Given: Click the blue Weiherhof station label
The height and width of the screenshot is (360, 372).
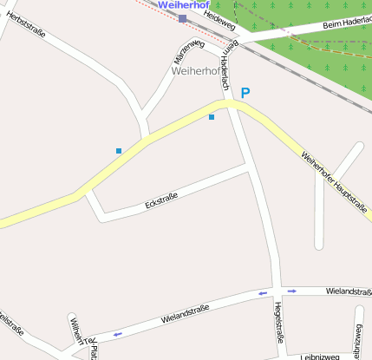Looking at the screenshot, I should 184,5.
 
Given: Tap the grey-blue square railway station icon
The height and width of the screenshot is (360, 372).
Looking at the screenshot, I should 182,18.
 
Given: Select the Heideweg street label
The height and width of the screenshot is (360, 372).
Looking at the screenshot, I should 220,19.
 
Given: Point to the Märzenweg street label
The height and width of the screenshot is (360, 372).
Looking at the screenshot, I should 189,53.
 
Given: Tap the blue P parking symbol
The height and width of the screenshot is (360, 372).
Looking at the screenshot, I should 245,92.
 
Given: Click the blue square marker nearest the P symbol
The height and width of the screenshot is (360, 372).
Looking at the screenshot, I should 211,117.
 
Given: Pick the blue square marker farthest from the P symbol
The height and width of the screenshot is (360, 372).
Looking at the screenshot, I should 119,151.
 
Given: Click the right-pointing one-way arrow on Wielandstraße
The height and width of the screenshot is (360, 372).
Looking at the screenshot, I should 292,291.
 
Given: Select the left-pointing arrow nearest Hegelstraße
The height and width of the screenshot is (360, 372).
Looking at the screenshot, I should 262,293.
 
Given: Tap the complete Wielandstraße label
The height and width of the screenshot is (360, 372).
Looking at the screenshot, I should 186,313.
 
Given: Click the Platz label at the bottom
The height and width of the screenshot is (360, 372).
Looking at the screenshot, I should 94,351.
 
